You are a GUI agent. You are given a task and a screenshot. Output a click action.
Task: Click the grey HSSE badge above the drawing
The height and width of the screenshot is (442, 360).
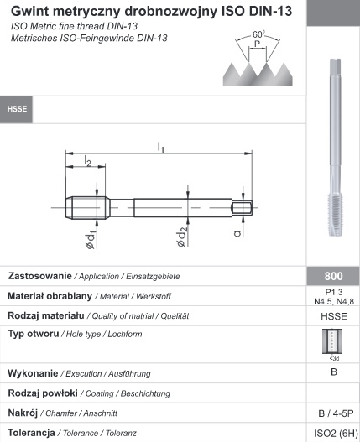coord(17,109)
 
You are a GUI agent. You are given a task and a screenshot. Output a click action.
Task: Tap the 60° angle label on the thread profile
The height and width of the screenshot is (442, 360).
coord(258,34)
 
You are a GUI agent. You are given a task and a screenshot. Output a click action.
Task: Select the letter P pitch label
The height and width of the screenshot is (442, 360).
coord(257,44)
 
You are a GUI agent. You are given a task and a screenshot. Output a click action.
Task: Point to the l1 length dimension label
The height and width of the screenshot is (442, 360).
coord(160,147)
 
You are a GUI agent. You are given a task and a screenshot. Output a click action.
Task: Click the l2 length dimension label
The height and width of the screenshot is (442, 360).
coord(88,161)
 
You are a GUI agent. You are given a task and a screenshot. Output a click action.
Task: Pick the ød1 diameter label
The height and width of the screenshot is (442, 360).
coord(91,240)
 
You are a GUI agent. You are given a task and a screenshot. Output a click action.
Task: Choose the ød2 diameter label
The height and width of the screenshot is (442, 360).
coord(182,237)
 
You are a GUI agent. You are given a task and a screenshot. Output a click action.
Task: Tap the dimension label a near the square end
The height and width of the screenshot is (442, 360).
coord(237,233)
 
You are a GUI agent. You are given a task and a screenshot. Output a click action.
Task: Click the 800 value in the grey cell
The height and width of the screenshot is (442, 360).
coord(333,276)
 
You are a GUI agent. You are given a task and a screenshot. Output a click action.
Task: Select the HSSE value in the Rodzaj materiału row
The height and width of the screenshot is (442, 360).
coord(334,316)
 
